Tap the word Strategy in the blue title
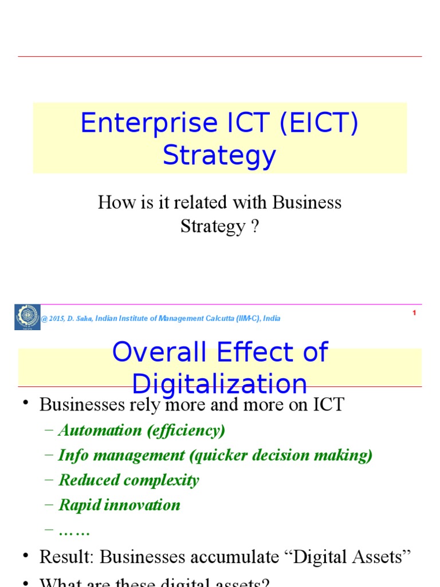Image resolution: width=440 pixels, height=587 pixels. tap(219, 155)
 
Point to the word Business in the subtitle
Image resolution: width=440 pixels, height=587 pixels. tap(307, 202)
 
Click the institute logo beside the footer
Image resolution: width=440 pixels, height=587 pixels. tap(27, 317)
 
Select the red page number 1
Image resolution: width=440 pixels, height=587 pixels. tap(414, 313)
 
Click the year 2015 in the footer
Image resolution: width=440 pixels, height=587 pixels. tap(56, 319)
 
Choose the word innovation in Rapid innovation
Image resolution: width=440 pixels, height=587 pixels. tap(147, 505)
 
